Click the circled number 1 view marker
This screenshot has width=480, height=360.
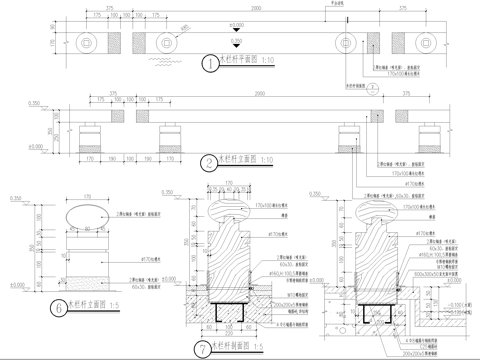click(x=209, y=63)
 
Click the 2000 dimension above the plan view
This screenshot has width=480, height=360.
click(x=257, y=8)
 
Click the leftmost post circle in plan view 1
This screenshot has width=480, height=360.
click(x=88, y=43)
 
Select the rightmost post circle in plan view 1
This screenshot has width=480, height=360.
click(x=424, y=43)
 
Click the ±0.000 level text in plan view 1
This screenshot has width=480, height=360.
click(x=237, y=25)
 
